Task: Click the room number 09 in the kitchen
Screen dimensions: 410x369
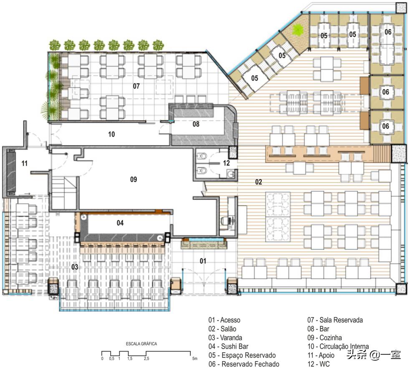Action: click(133, 179)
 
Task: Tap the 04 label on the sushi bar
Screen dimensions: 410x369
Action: click(120, 223)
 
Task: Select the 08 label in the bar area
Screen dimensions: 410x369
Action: click(196, 124)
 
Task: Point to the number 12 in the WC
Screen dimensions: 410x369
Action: click(226, 163)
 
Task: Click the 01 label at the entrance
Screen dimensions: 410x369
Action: click(203, 261)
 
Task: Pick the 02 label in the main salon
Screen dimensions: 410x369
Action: click(258, 182)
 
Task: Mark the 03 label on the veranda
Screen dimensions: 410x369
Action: click(75, 267)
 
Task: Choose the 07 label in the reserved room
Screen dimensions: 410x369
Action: click(136, 86)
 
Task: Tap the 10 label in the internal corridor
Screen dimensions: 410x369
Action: click(111, 134)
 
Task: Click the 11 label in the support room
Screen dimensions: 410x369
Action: click(24, 163)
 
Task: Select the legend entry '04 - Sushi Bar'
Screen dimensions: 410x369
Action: click(228, 346)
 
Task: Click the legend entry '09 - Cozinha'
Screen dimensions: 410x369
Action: click(324, 338)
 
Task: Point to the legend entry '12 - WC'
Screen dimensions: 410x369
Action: click(319, 364)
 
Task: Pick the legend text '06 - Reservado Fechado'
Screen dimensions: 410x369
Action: click(244, 364)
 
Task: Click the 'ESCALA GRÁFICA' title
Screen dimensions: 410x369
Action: click(142, 344)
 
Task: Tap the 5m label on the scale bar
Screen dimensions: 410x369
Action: click(195, 359)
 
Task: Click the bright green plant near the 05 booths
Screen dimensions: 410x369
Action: click(298, 30)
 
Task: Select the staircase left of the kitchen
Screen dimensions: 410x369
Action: click(63, 193)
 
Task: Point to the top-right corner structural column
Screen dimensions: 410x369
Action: click(401, 8)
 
